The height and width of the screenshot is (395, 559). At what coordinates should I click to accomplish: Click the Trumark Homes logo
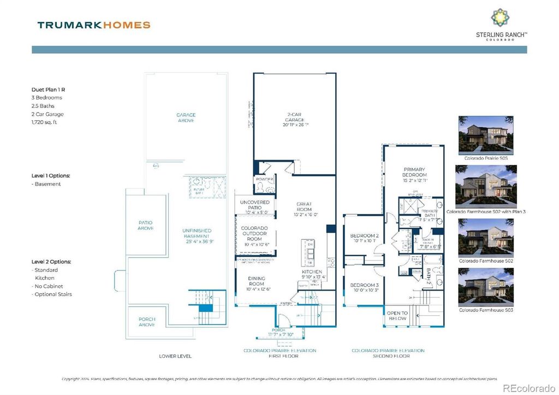(x=93, y=25)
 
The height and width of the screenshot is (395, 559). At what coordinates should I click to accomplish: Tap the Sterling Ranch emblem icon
(x=502, y=17)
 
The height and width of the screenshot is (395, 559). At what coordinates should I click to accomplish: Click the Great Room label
(x=304, y=207)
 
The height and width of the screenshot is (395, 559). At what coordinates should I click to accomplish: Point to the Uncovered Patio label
(x=255, y=205)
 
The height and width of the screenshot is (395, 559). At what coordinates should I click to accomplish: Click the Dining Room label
(x=257, y=281)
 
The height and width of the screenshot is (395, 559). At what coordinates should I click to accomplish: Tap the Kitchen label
(x=312, y=272)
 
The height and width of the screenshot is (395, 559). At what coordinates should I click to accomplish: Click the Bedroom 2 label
(x=364, y=236)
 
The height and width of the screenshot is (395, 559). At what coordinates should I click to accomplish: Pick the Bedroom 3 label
(x=364, y=285)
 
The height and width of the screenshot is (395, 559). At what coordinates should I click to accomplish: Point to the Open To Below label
(x=397, y=316)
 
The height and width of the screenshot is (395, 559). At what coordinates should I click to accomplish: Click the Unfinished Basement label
(x=197, y=234)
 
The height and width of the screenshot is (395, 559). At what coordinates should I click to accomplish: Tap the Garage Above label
(x=186, y=118)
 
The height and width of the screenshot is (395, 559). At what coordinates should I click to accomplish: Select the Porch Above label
(x=146, y=322)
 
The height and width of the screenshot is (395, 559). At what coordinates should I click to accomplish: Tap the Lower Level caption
(x=175, y=356)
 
